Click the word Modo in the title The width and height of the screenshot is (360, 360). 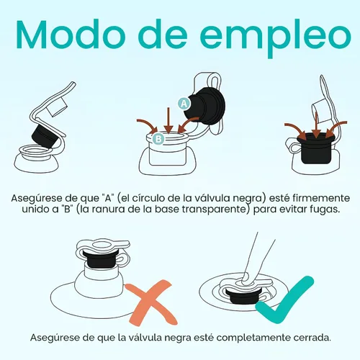(71, 35)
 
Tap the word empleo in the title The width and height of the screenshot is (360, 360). (275, 38)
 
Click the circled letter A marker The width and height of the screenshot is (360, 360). (184, 104)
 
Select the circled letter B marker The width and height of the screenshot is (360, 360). (158, 139)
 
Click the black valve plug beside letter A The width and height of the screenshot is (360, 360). (205, 107)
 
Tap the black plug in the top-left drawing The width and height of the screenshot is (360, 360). (45, 135)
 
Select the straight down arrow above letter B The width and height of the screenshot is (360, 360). (168, 120)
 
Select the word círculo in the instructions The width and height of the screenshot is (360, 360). (149, 198)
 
